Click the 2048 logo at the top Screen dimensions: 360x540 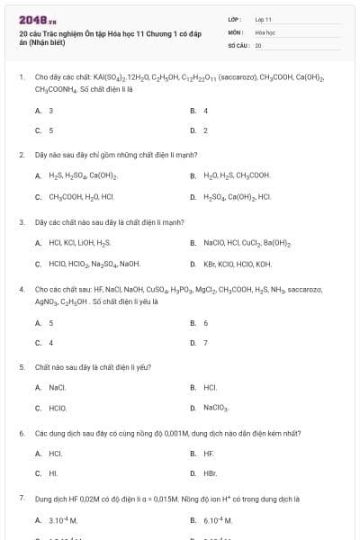click(x=31, y=20)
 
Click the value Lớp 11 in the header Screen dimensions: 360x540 click(x=263, y=18)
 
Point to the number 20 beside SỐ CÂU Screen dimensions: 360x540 click(x=258, y=44)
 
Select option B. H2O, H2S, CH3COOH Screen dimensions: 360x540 click(x=236, y=175)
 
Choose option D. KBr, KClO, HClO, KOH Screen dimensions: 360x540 click(x=237, y=264)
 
